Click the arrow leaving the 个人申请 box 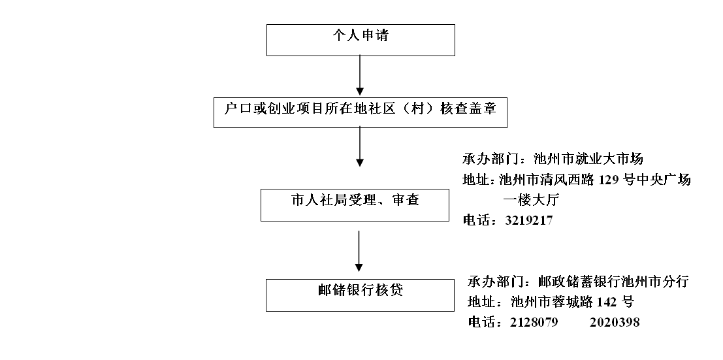coord(360,76)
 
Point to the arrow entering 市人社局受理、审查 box coord(360,147)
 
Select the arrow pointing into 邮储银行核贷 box coord(359,252)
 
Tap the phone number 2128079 coord(534,322)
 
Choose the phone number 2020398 coord(615,322)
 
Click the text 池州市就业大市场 coord(588,159)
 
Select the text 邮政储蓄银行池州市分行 coord(613,282)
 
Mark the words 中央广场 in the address coord(664,180)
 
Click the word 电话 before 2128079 coord(481,322)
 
